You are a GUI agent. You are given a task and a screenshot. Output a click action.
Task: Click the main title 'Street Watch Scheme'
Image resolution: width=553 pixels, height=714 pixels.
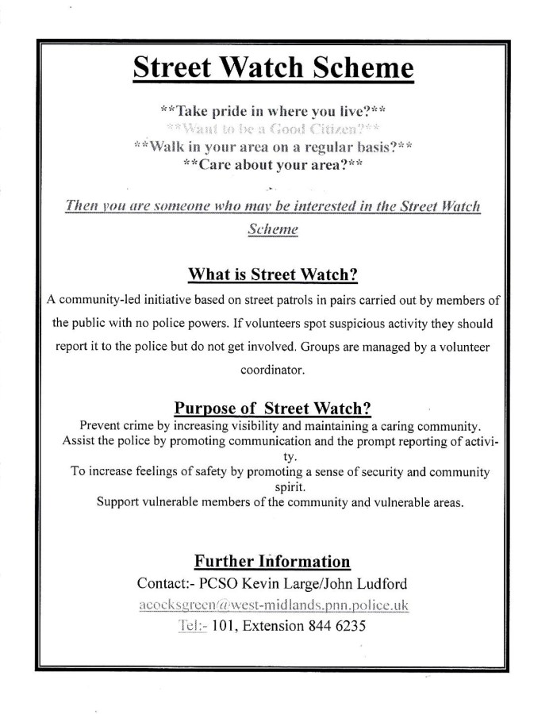click(x=273, y=69)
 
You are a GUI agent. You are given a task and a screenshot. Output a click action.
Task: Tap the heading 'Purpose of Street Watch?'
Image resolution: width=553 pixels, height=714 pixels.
click(x=273, y=409)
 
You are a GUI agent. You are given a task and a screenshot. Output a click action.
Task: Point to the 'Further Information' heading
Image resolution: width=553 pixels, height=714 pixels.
click(x=273, y=562)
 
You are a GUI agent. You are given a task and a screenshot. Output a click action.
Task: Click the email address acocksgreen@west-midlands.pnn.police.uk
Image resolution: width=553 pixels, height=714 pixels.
click(x=273, y=605)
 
